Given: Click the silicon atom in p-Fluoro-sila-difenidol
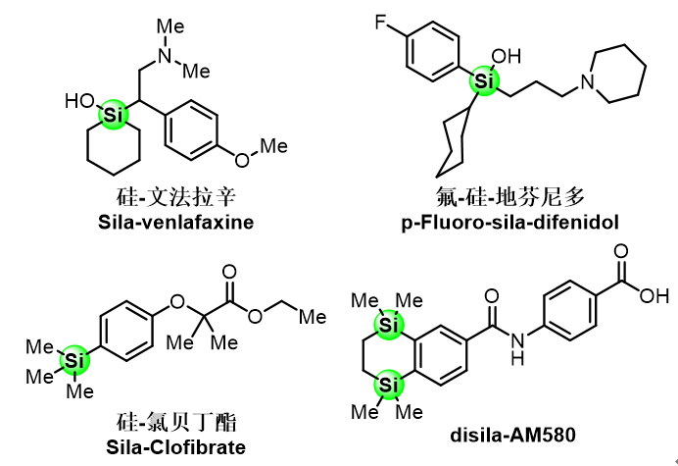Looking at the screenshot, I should click(x=479, y=78).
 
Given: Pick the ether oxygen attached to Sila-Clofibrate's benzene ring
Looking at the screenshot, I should click(x=177, y=300).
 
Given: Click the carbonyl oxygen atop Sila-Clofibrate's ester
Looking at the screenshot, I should click(x=229, y=270).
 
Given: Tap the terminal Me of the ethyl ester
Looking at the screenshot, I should click(x=312, y=317).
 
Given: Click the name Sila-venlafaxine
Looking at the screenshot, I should click(x=176, y=223).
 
